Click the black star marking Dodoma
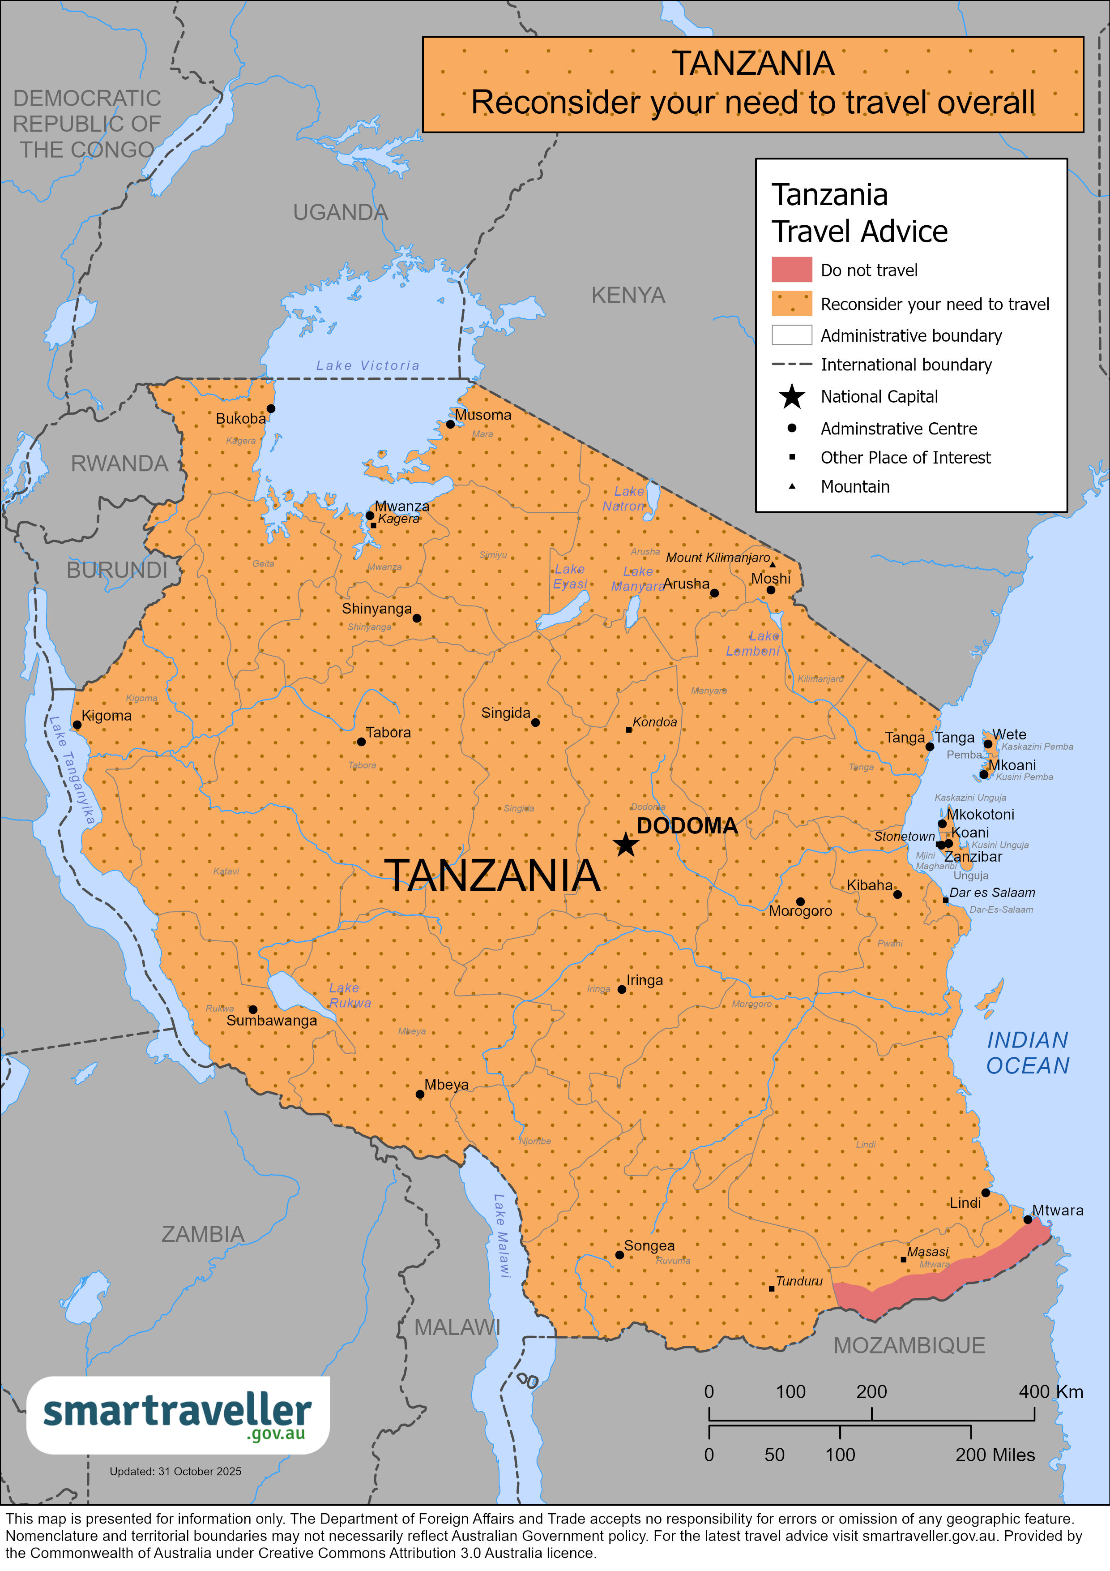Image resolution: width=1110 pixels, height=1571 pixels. coord(626,844)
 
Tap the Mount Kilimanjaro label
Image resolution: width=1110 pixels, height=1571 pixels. coord(717,558)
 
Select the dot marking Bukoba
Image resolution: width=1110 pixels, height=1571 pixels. coord(271,408)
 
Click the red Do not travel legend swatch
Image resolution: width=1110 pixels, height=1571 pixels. coord(791,270)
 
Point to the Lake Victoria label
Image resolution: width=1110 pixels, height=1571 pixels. coord(368,365)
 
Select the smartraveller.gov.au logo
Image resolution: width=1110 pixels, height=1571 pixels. coord(178,1415)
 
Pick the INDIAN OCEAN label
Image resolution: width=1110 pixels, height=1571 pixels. coord(1027,1053)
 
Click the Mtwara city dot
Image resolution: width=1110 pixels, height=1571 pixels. coord(1027,1219)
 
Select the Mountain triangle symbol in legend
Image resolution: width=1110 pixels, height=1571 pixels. coord(792,486)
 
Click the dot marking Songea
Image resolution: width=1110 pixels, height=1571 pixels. coord(619,1255)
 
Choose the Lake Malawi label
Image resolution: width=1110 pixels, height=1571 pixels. coord(502,1235)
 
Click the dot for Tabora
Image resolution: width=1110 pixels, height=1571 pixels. coord(361,742)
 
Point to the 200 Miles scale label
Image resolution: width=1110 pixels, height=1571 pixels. coord(995,1455)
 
